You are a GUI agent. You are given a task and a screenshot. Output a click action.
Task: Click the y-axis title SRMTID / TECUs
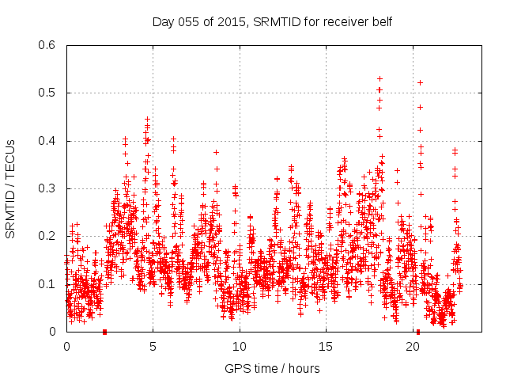(x=10, y=188)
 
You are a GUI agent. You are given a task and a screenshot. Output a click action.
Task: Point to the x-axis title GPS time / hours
(x=273, y=368)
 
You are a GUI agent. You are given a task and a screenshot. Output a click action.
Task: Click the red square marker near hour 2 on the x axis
(x=104, y=332)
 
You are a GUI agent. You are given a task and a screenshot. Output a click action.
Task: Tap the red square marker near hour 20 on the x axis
(x=418, y=332)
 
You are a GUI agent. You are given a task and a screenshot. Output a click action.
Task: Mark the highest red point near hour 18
(x=380, y=78)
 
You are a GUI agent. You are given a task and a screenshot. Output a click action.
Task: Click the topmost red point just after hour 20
(x=420, y=82)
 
